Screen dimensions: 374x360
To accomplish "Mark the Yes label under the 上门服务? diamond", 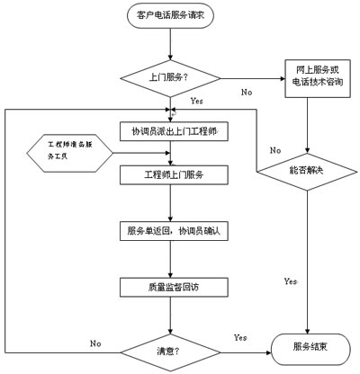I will coord(196,102).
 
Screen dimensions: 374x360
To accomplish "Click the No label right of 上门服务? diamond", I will coord(246,92).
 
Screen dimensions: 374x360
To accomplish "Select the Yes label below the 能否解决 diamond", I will coord(290,281).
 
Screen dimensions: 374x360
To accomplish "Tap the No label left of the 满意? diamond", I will coord(94,343).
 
